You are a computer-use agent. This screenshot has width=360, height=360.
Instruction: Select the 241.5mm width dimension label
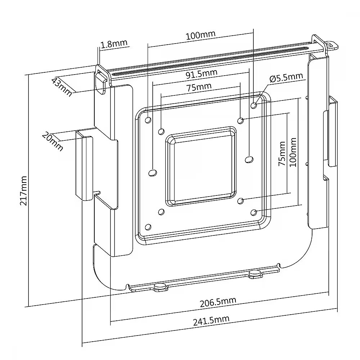click(211, 320)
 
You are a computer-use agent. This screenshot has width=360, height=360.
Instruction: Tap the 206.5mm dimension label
click(218, 302)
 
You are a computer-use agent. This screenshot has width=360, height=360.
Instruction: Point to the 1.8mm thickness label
click(114, 44)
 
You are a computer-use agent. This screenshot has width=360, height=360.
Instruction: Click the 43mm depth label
click(62, 87)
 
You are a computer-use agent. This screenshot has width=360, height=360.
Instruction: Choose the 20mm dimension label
click(53, 141)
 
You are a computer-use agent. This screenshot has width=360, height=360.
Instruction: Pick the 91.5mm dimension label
click(201, 74)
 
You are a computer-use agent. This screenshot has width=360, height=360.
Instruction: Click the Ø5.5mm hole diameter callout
click(286, 77)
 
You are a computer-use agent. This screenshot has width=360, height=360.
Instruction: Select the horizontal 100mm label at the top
click(201, 35)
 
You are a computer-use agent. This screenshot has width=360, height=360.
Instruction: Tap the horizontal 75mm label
click(199, 87)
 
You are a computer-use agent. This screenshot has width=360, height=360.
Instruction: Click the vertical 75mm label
click(282, 154)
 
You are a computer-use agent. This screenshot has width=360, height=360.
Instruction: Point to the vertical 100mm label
click(293, 152)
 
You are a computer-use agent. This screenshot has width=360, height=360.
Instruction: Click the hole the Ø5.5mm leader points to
click(254, 105)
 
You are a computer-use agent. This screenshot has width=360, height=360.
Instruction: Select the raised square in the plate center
click(201, 166)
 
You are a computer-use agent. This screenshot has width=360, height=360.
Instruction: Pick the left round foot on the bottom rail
click(160, 287)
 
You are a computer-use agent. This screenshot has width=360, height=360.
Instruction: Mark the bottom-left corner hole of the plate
click(148, 227)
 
